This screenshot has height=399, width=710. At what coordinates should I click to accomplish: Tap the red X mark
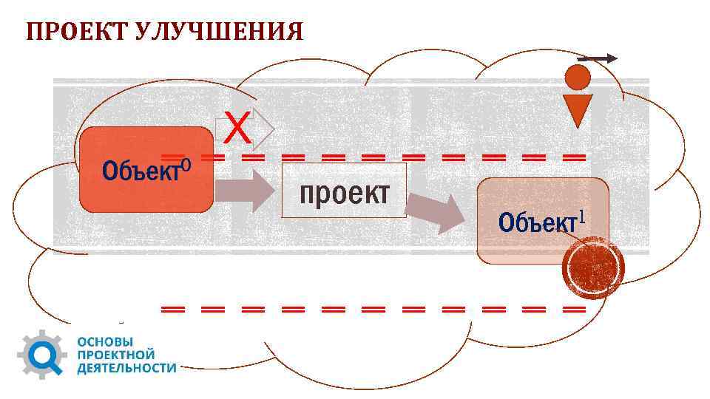(237, 129)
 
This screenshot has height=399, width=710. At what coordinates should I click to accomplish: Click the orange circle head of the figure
(578, 77)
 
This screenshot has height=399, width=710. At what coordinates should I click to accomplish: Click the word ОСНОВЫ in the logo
(106, 342)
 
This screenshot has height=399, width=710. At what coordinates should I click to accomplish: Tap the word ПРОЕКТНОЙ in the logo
(115, 355)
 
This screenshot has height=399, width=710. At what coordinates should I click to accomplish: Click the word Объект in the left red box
(141, 171)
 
